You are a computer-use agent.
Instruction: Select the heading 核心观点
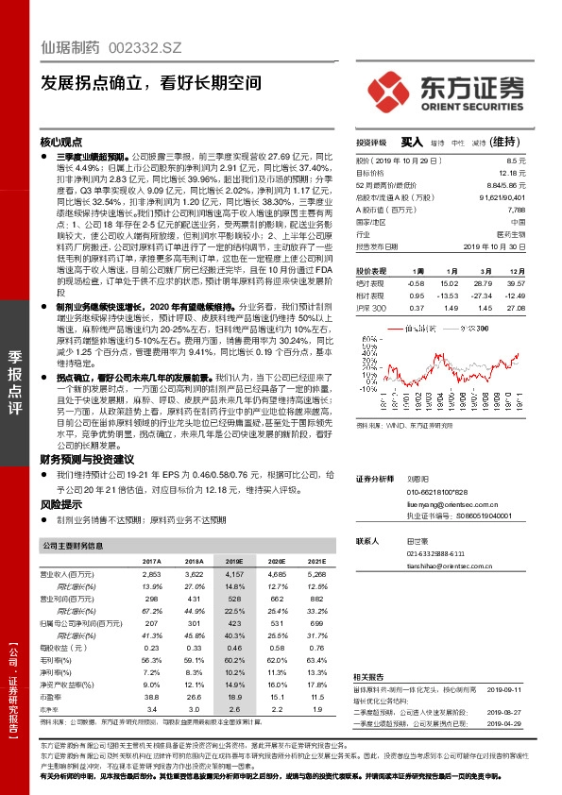tap(60, 139)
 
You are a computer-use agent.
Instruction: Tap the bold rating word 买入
tap(412, 142)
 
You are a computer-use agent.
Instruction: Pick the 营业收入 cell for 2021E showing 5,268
tap(290, 574)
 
